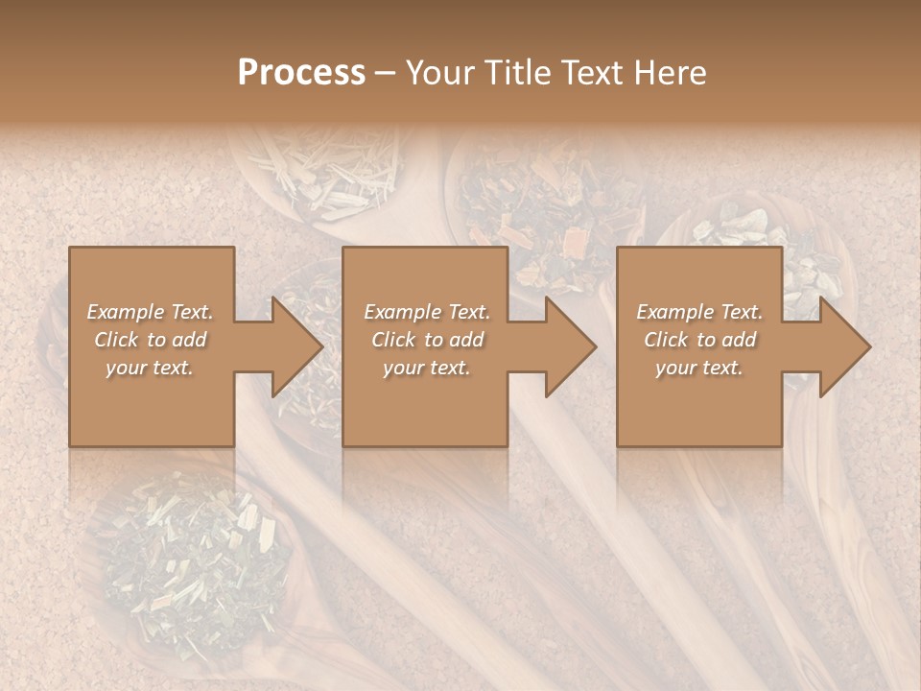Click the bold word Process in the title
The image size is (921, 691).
point(301,72)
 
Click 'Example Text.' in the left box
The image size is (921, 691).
point(151,312)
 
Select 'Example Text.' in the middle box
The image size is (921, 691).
point(427,312)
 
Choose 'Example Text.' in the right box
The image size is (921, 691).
point(699,312)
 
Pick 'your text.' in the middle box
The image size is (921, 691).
point(426,368)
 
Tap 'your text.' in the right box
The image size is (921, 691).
point(698,368)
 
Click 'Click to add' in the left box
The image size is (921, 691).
point(151,340)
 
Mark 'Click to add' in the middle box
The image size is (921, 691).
point(427,340)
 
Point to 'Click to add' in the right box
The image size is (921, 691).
point(699,340)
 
